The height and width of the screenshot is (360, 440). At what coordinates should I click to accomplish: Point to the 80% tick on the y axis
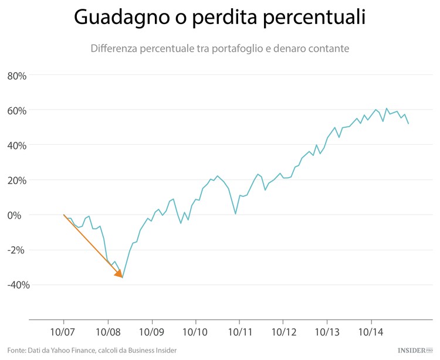(x=18, y=76)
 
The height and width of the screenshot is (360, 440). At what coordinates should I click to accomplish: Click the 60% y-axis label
(x=18, y=110)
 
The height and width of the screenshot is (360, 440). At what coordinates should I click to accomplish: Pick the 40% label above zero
(x=18, y=145)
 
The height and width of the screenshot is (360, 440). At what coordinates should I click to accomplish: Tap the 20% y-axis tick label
(x=18, y=180)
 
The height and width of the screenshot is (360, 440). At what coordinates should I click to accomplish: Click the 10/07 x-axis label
(x=63, y=332)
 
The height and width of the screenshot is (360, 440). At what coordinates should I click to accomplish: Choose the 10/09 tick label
(x=151, y=332)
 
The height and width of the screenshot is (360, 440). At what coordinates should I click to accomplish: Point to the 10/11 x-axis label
(x=239, y=332)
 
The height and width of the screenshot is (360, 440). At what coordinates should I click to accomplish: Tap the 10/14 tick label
(x=371, y=332)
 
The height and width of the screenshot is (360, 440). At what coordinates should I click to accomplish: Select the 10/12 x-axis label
(x=283, y=332)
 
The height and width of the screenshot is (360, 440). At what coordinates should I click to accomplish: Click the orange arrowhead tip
(x=122, y=277)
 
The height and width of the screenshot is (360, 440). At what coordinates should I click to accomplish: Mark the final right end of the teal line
(x=408, y=123)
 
